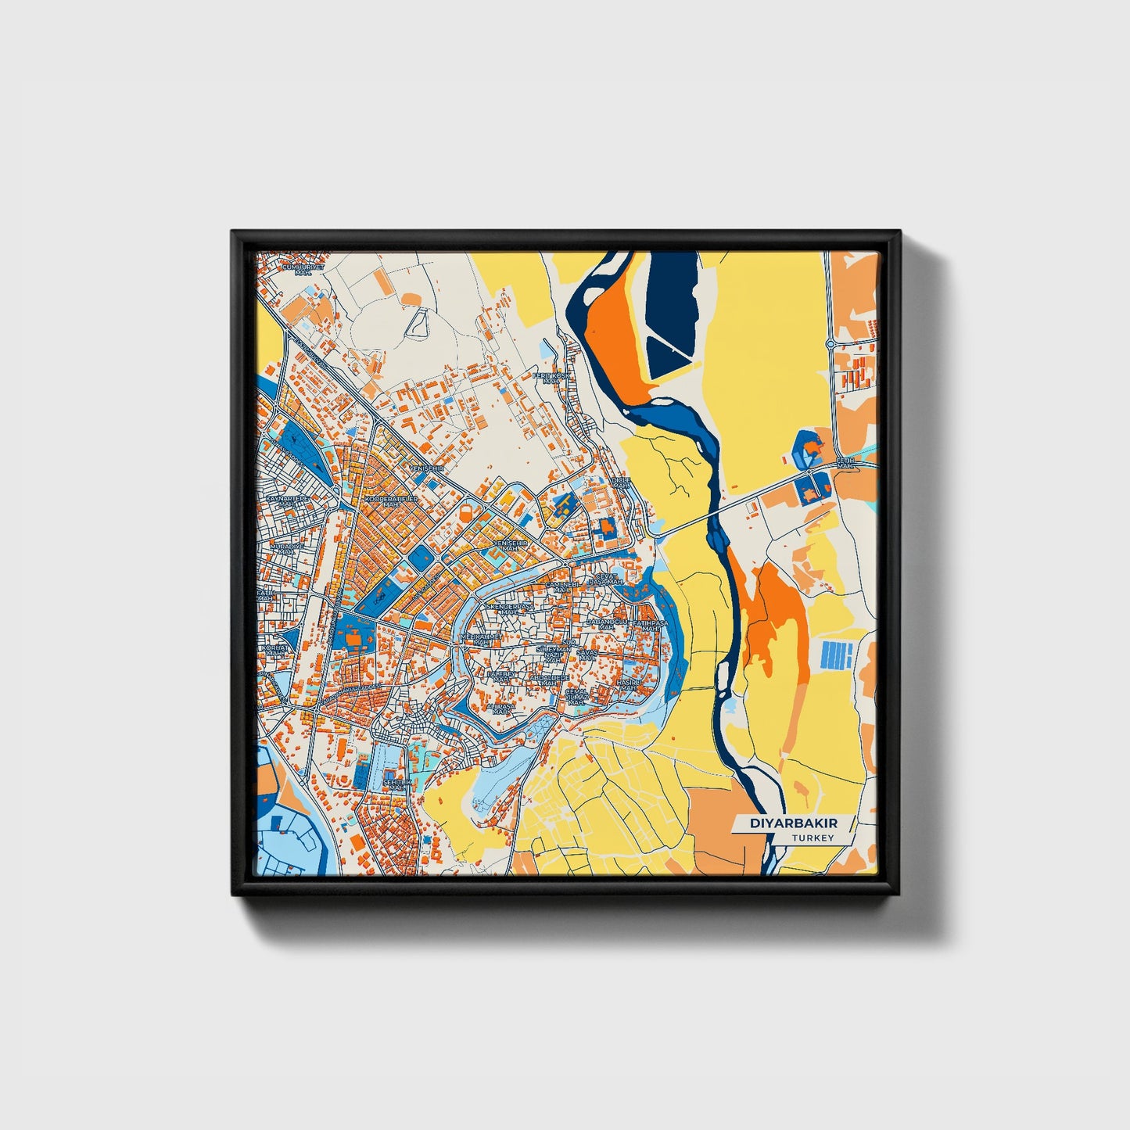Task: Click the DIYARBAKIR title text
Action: tap(793, 823)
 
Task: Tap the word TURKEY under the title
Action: tap(813, 838)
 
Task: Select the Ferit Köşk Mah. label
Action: tap(552, 378)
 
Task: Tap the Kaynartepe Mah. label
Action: tap(288, 500)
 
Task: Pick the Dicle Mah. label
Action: tap(621, 482)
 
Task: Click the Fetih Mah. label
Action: tap(847, 463)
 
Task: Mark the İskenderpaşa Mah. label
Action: tap(509, 608)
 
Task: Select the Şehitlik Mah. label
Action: tap(397, 784)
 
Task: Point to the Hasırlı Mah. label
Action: tap(628, 684)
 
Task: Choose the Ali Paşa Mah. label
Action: tap(500, 708)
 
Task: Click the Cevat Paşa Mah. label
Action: tap(606, 579)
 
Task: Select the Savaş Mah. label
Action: tap(587, 654)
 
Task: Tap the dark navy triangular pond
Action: tap(673, 313)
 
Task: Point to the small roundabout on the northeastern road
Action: tap(830, 343)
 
